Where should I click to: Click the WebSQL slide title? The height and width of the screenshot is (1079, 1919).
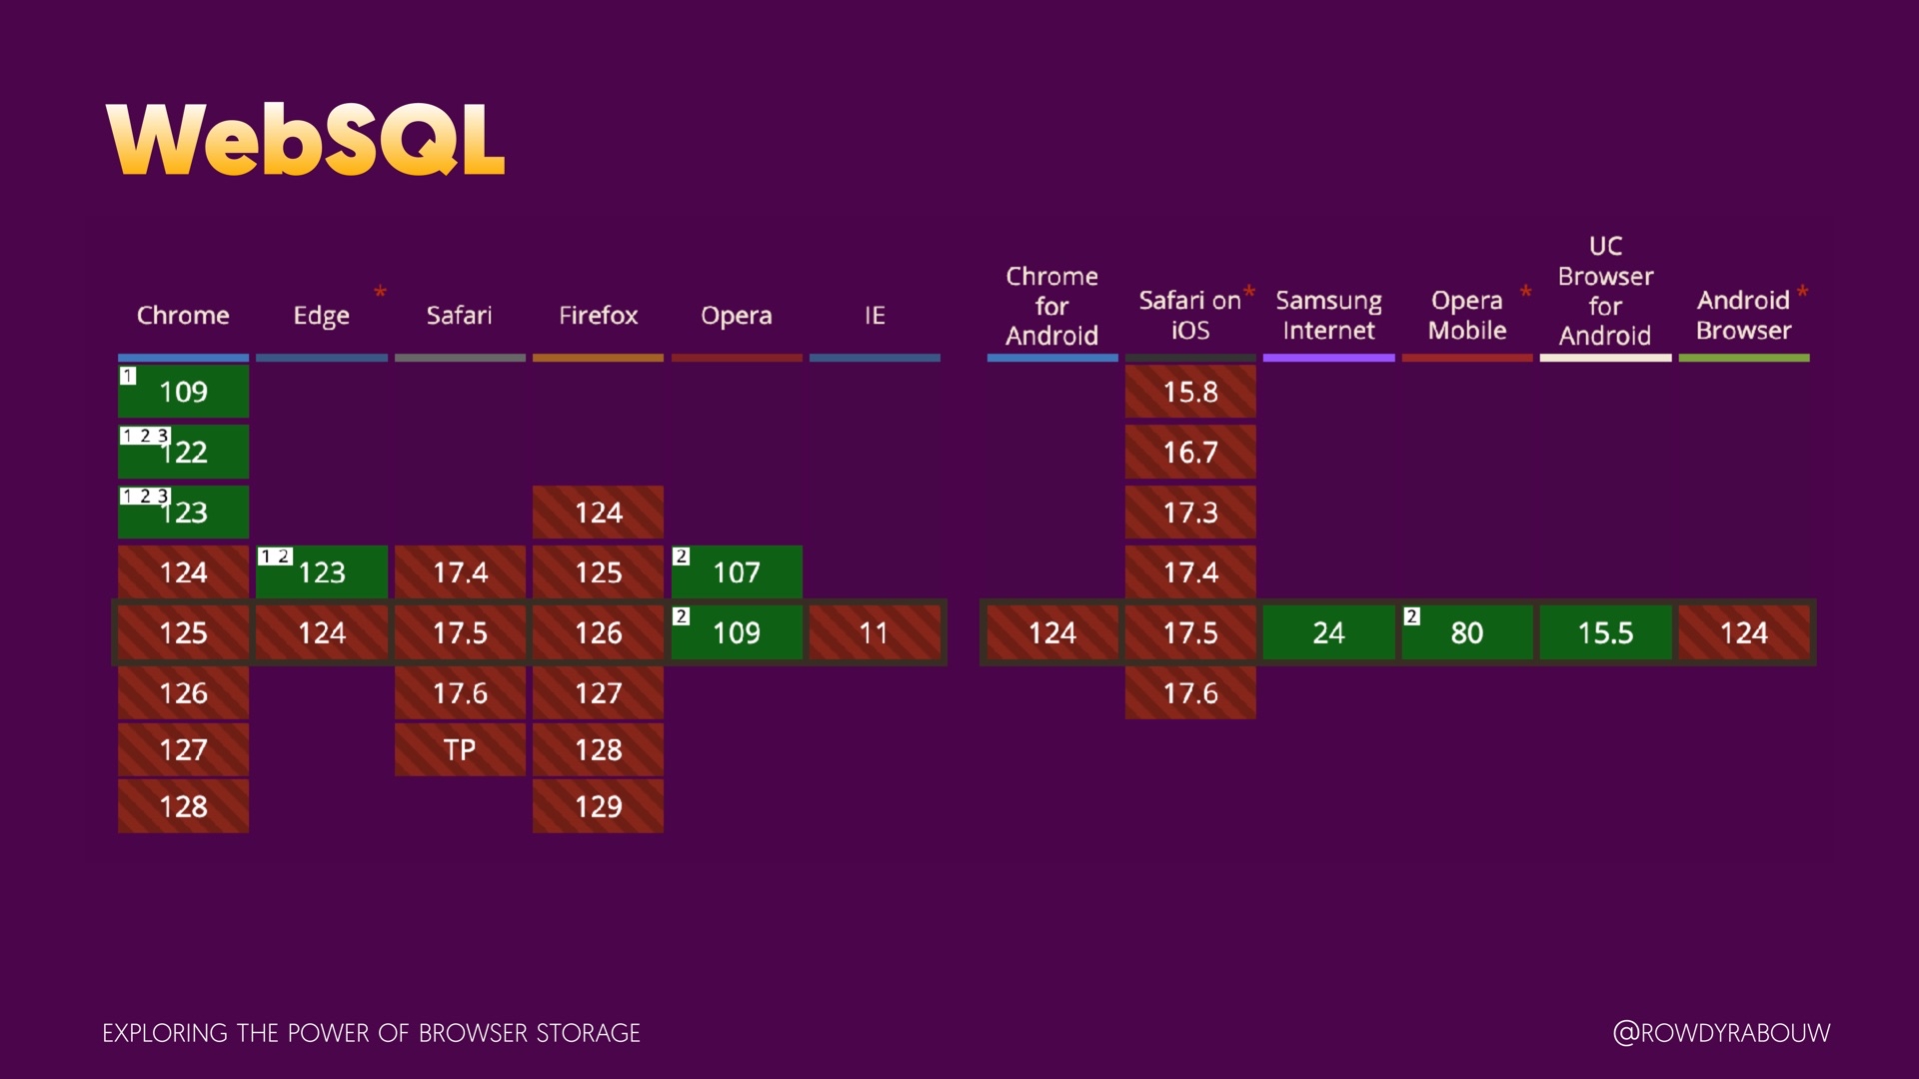pyautogui.click(x=305, y=140)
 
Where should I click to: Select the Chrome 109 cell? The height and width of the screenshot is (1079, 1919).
pyautogui.click(x=184, y=392)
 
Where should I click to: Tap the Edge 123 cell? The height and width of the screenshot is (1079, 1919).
pyautogui.click(x=322, y=572)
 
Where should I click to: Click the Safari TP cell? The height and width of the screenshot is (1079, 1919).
pyautogui.click(x=460, y=749)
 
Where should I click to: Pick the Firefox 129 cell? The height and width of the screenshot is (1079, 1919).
pyautogui.click(x=598, y=806)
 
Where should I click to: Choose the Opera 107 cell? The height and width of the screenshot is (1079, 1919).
pyautogui.click(x=737, y=572)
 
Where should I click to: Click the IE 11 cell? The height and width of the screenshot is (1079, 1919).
pyautogui.click(x=875, y=632)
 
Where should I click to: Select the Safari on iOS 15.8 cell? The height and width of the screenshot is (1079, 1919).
pyautogui.click(x=1190, y=392)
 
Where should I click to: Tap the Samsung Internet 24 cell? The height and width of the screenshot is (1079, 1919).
pyautogui.click(x=1328, y=632)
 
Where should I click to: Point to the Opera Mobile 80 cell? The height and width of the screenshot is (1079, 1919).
pyautogui.click(x=1466, y=632)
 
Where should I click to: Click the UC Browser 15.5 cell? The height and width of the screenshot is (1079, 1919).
pyautogui.click(x=1605, y=632)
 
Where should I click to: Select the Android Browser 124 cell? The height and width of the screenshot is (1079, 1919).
pyautogui.click(x=1744, y=632)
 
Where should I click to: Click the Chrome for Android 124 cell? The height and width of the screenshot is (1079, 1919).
pyautogui.click(x=1052, y=632)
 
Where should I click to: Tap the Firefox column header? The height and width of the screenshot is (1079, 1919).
pyautogui.click(x=598, y=316)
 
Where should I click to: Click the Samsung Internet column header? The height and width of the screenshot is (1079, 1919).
pyautogui.click(x=1328, y=316)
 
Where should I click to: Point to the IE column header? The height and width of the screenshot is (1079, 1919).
pyautogui.click(x=875, y=316)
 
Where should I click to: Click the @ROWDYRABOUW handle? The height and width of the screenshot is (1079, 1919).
pyautogui.click(x=1721, y=1033)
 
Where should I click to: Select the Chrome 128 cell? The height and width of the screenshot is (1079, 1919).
pyautogui.click(x=184, y=806)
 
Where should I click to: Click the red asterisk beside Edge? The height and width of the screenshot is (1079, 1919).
pyautogui.click(x=380, y=292)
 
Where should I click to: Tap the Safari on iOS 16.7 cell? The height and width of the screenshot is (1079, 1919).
pyautogui.click(x=1190, y=453)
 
